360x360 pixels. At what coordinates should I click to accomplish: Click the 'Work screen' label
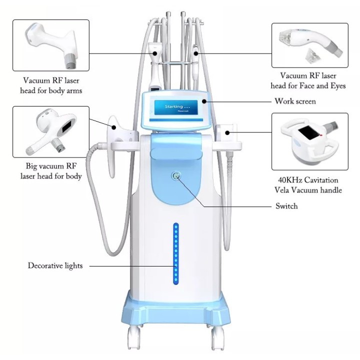click(295, 101)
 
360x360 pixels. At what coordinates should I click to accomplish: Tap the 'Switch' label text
click(286, 206)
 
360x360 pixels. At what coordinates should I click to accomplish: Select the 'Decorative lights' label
click(55, 265)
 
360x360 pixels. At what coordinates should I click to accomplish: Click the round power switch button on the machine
click(176, 176)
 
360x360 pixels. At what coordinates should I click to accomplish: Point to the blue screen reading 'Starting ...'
click(176, 107)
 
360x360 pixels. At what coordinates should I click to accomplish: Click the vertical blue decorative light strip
click(176, 253)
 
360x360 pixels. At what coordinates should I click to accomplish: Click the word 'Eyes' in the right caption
click(338, 86)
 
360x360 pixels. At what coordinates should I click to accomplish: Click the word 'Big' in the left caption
click(31, 166)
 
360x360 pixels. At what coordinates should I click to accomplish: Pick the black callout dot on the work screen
click(204, 101)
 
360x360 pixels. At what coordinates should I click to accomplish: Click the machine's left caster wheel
click(134, 338)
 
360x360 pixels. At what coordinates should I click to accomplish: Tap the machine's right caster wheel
click(217, 338)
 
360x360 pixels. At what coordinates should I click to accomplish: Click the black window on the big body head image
click(67, 126)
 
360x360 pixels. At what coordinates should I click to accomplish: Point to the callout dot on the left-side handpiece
click(113, 127)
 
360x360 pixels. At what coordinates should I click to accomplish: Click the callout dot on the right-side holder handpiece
click(227, 132)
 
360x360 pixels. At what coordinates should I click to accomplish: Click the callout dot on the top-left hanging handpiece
click(155, 53)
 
